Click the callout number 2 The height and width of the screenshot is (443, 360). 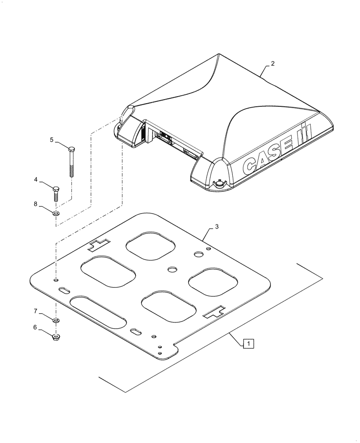273,64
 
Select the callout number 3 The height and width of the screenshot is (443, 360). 216,227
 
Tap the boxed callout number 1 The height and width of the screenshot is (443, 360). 249,343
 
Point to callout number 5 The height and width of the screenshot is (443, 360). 51,140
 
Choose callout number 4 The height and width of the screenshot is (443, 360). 48,180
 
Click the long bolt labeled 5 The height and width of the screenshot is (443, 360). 71,161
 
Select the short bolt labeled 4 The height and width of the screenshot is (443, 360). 56,194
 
